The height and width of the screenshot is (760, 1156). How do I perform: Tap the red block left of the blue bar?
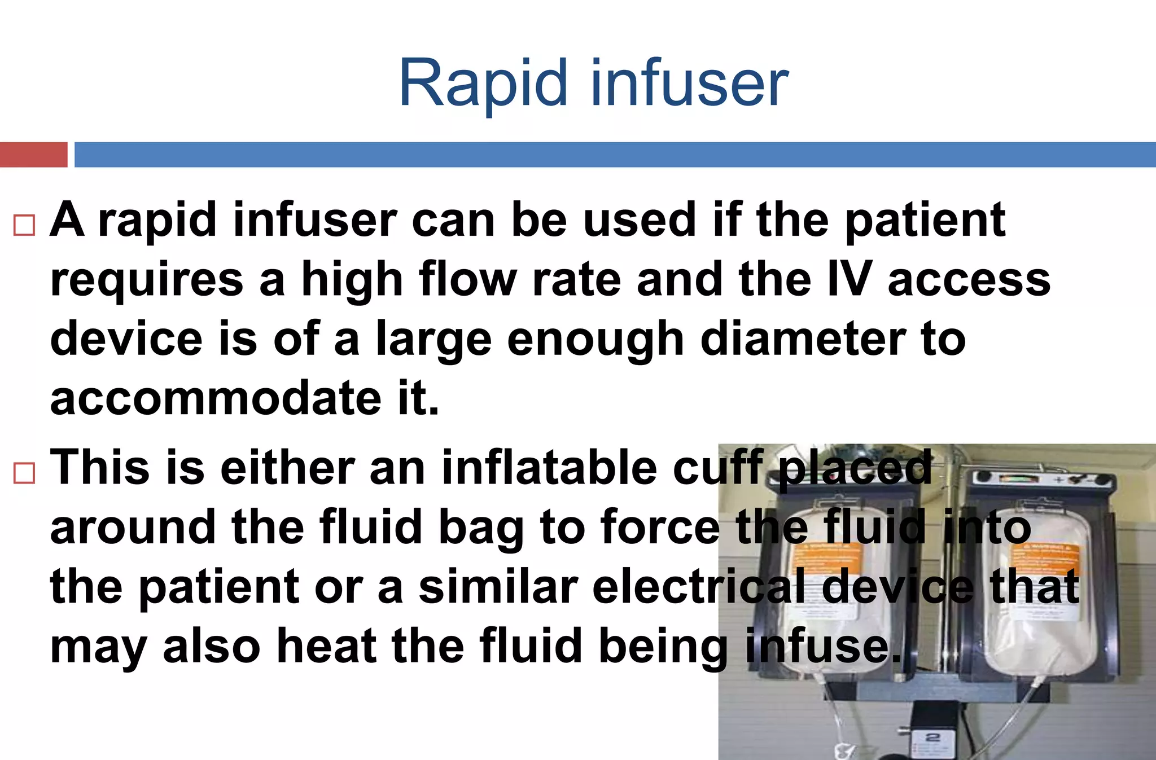coord(33,155)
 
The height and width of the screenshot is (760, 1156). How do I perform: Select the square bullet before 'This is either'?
coord(24,472)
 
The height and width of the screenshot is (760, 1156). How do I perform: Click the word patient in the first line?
coord(925,221)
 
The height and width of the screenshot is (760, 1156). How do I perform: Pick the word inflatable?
coord(549,468)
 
